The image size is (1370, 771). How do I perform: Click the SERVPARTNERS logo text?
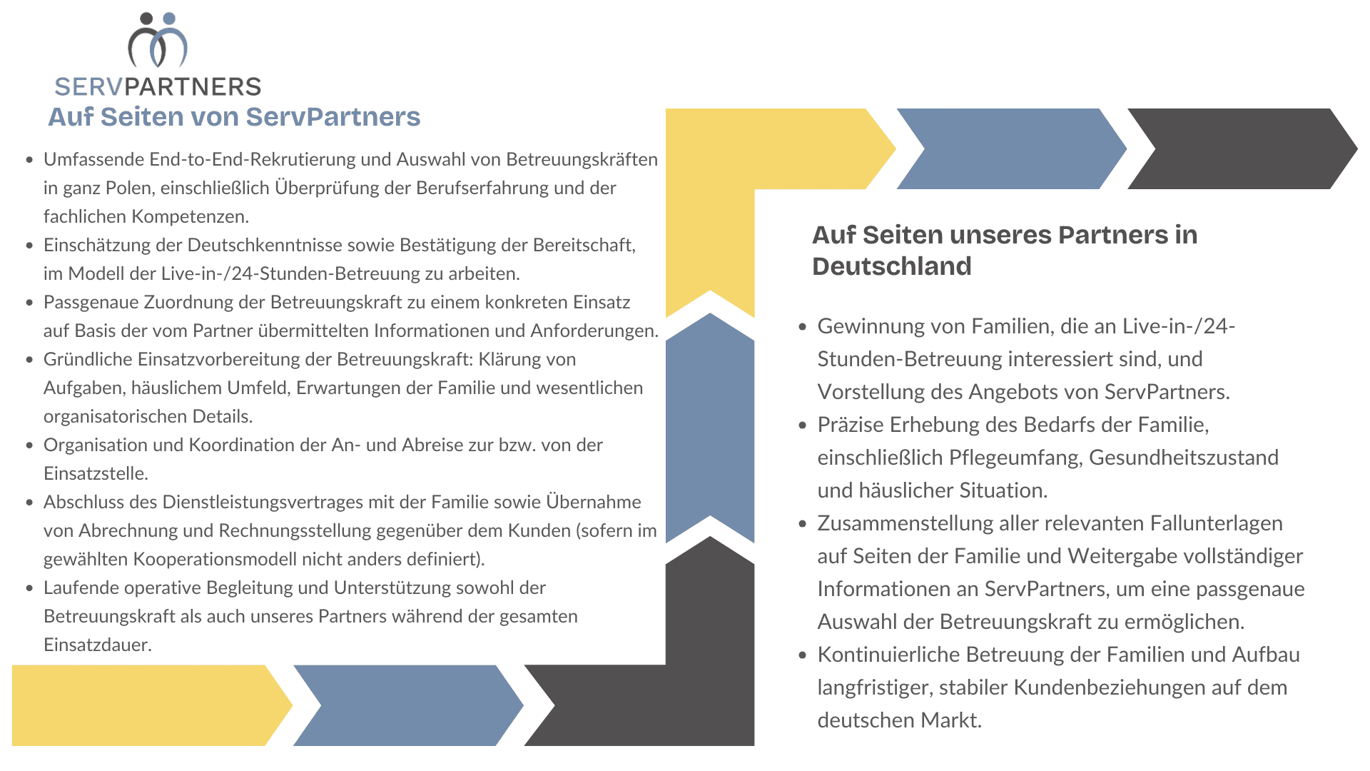click(x=158, y=87)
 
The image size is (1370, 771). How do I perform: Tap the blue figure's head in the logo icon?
click(x=169, y=19)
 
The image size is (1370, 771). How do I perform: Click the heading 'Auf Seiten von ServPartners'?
click(x=234, y=117)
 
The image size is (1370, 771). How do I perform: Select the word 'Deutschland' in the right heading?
click(x=891, y=266)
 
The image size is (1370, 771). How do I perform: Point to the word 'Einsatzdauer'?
click(x=96, y=645)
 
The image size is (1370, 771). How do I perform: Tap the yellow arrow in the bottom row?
click(x=143, y=705)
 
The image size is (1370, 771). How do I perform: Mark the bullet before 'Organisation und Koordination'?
click(x=29, y=445)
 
